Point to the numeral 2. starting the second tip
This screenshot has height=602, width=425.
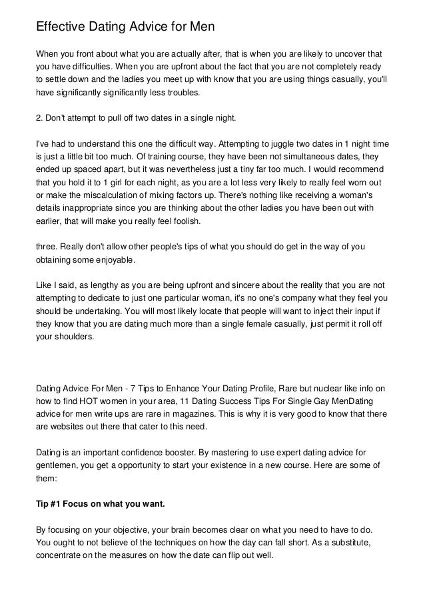pyautogui.click(x=39, y=119)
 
